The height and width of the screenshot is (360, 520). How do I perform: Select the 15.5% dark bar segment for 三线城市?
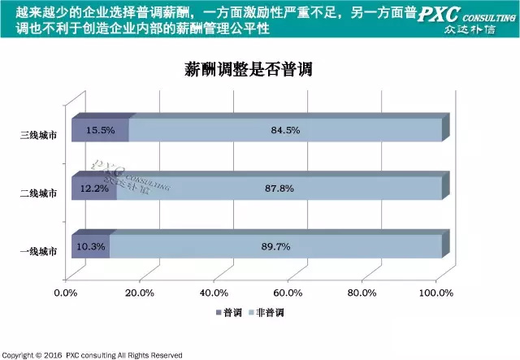(100, 130)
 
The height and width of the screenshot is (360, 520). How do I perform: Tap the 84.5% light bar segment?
(284, 130)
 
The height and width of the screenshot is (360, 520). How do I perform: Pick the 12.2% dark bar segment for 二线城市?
(93, 188)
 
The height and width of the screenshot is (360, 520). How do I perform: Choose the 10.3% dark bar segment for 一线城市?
(90, 245)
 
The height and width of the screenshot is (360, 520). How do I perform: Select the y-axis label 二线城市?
(39, 193)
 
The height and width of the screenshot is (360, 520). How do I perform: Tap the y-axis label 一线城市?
(39, 251)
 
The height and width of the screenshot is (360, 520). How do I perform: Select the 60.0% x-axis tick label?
(287, 293)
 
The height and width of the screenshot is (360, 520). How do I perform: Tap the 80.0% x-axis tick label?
(360, 293)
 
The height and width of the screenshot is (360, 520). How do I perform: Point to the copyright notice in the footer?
(91, 355)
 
